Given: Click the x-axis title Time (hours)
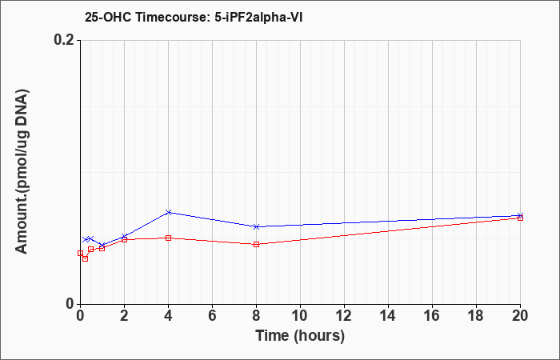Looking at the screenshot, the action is [300, 336].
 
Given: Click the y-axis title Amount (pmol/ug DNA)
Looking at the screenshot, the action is [22, 172].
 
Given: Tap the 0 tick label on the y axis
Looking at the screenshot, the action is [70, 304].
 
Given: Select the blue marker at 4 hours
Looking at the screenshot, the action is [169, 212].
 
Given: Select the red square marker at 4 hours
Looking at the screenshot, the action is [169, 238].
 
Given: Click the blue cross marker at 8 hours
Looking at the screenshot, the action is [257, 226].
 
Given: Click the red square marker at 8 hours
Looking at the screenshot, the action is [257, 244].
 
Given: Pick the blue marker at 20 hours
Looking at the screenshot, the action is [520, 215].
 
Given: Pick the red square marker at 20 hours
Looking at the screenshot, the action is [520, 218].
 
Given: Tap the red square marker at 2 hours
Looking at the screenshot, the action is [124, 240].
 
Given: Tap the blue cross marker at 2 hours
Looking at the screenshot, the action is [124, 237].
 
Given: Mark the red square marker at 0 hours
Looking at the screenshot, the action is [80, 254].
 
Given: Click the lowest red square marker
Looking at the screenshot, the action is [85, 258].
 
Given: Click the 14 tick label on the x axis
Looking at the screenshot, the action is [388, 316].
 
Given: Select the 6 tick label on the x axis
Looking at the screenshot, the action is [213, 316].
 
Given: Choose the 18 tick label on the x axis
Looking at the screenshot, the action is [476, 316].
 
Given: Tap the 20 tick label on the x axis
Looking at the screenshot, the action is [520, 316].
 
